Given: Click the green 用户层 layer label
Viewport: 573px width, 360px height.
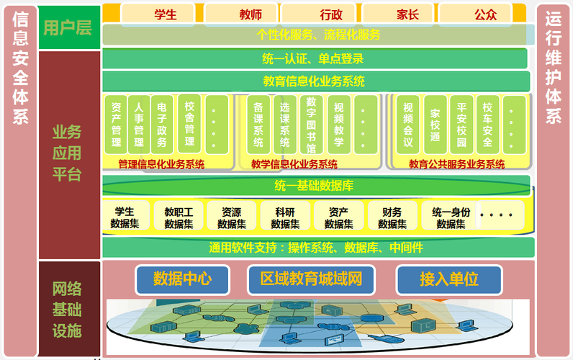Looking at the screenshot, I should click(68, 28).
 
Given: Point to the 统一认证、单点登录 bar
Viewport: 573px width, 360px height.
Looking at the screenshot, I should click(316, 59).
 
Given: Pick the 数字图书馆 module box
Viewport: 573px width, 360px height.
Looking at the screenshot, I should click(311, 125).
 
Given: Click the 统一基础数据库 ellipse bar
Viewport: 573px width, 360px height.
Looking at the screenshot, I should click(316, 186).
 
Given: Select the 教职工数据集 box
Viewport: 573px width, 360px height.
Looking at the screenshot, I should click(179, 217).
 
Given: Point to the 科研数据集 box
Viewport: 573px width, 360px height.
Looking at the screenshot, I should click(285, 217).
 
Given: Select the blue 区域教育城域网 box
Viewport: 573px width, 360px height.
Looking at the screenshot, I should click(311, 279).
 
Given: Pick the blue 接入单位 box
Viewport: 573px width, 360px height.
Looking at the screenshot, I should click(448, 279).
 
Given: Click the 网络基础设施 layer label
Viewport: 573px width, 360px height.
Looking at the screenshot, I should click(68, 310).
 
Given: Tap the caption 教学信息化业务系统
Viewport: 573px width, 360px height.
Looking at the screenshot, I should click(294, 164).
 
